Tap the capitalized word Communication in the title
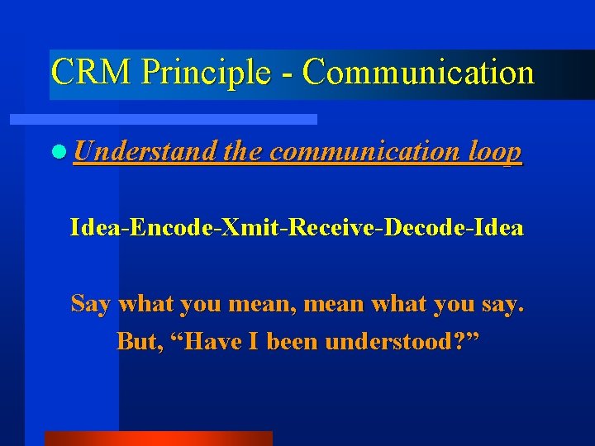pos(418,73)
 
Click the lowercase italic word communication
pos(365,152)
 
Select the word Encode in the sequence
pos(173,227)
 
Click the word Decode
pos(421,227)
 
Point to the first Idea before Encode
pos(95,227)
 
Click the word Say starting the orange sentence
pos(91,305)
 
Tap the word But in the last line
pos(136,341)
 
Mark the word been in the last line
pos(289,341)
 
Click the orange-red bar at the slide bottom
pos(158,439)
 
